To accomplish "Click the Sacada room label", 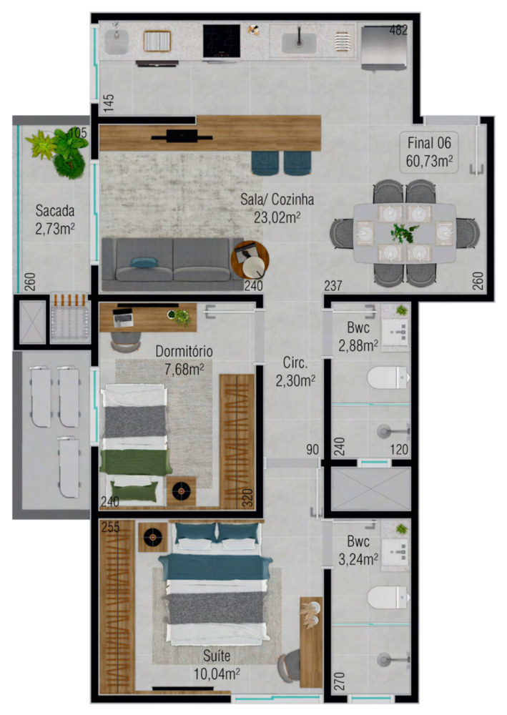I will click(55, 211).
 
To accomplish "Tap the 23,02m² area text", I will click(277, 216).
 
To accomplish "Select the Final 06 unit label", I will click(429, 141).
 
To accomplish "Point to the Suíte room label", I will click(216, 656).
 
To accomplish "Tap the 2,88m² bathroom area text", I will click(358, 346).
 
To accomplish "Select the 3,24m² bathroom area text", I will click(358, 559).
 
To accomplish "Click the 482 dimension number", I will click(398, 31).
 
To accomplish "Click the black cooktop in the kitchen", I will click(222, 41).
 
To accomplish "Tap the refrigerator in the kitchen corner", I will click(385, 47).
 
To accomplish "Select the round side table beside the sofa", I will click(250, 258).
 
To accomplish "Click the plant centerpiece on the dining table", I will click(405, 232).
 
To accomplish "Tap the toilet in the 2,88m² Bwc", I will click(387, 378).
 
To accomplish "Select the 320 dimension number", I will click(247, 497).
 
